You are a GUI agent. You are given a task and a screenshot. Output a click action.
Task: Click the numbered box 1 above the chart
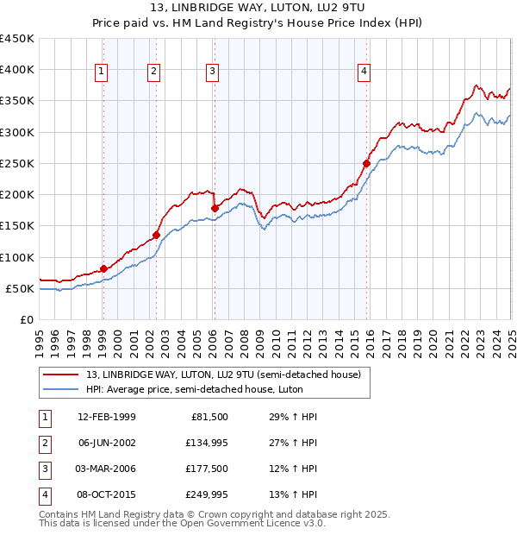tap(102, 72)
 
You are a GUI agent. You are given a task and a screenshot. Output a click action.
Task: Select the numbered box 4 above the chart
tap(364, 72)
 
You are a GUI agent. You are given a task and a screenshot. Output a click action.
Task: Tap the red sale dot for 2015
tap(366, 163)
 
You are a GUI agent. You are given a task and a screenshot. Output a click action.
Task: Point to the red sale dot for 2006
tap(215, 208)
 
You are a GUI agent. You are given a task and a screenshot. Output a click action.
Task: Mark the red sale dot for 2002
tap(156, 235)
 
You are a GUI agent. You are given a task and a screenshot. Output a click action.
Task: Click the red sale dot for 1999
tap(103, 268)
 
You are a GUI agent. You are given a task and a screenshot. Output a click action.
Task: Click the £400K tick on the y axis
tap(17, 70)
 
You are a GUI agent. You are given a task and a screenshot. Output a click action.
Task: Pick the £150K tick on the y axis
tap(17, 226)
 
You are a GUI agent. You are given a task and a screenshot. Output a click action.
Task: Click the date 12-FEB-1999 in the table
tap(106, 417)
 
